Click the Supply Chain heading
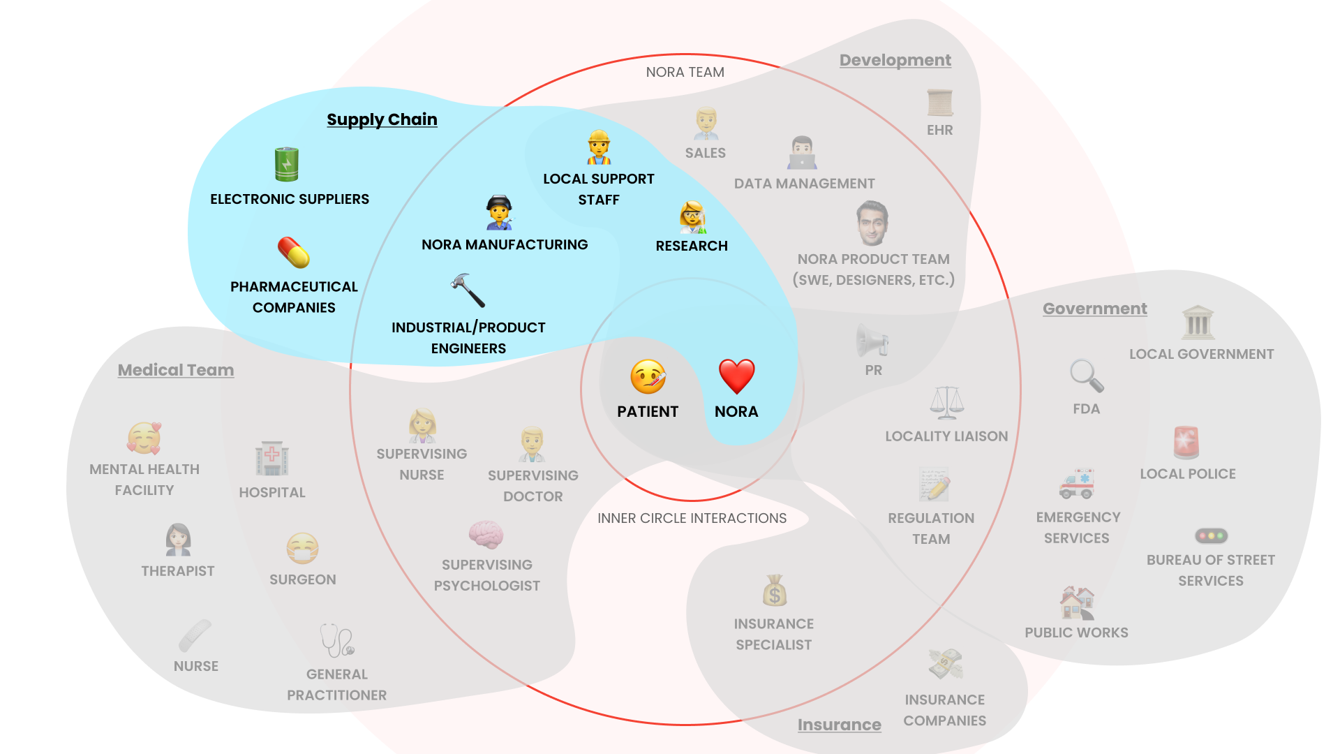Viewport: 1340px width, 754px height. [382, 119]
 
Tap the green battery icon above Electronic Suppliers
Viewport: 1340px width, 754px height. [286, 164]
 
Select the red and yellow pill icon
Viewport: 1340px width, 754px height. [294, 253]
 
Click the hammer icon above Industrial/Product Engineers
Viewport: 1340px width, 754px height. [468, 290]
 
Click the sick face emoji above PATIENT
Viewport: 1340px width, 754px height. [648, 377]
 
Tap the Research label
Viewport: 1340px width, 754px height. [692, 246]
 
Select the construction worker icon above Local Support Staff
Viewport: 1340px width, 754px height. [599, 147]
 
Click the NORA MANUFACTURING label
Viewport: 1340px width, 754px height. [505, 244]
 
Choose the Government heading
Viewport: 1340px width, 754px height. [1094, 309]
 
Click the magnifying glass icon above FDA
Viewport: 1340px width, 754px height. [1087, 376]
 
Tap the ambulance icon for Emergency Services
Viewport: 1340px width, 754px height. [1076, 483]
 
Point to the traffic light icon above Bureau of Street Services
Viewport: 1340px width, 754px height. [1211, 536]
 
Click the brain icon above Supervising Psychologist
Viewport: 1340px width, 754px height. [486, 535]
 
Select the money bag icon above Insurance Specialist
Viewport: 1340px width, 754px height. [775, 591]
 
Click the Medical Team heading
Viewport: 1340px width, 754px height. [176, 370]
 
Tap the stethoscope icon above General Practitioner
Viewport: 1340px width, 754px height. [337, 640]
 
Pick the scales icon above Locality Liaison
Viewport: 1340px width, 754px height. [946, 403]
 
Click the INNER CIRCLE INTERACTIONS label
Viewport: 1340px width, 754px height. [692, 518]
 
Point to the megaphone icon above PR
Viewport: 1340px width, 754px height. [872, 341]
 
